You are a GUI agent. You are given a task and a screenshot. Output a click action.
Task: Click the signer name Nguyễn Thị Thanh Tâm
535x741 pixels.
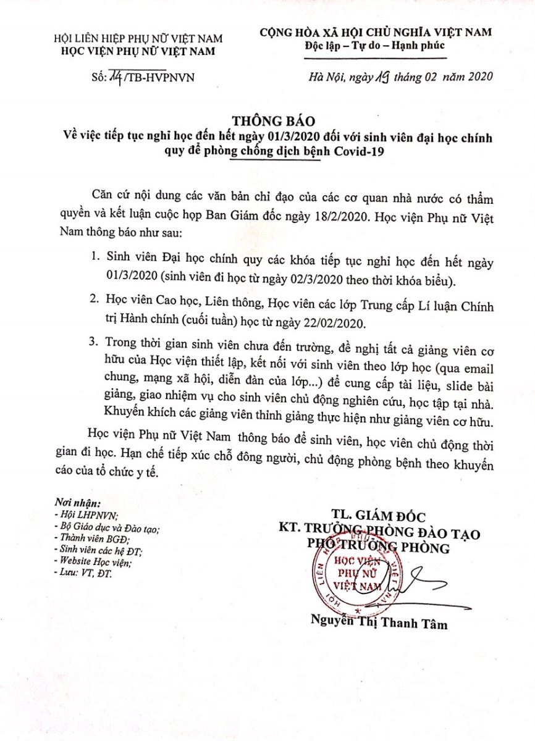pos(379,624)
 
